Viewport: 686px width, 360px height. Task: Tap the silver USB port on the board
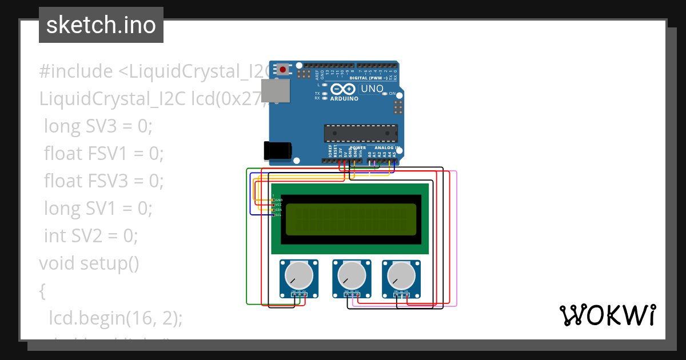tap(275, 92)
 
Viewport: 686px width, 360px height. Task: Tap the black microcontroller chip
tap(360, 133)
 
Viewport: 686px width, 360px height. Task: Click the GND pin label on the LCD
tap(279, 200)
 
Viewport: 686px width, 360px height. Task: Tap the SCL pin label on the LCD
tap(279, 215)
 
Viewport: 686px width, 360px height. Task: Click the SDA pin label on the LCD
tap(279, 210)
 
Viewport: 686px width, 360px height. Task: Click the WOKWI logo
tap(607, 315)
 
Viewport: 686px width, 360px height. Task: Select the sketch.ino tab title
tap(101, 25)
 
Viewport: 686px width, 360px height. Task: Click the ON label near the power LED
tap(392, 93)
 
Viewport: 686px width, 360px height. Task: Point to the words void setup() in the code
tap(89, 263)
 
